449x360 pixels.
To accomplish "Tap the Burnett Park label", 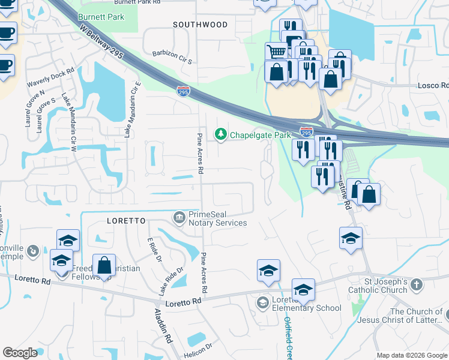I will [101, 17].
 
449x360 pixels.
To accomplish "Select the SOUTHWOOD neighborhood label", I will [200, 25].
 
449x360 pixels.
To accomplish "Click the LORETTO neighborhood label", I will [126, 221].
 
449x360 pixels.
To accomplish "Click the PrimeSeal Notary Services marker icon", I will [179, 216].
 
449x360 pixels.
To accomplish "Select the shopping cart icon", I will [276, 52].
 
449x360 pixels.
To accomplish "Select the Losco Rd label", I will [433, 85].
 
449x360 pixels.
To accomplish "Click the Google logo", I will [20, 353].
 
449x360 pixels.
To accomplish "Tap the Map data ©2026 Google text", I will [411, 355].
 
